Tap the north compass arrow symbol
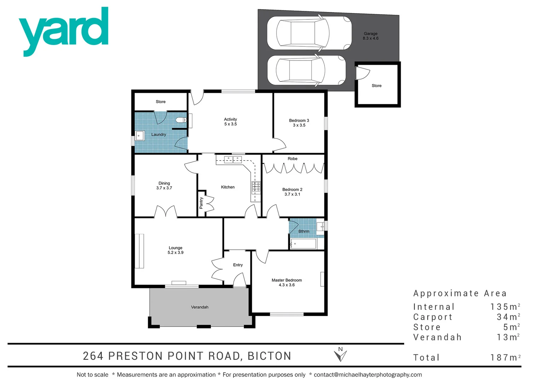pyautogui.click(x=340, y=354)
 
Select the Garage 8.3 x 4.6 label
pyautogui.click(x=370, y=36)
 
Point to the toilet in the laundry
pyautogui.click(x=181, y=120)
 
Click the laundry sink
pyautogui.click(x=140, y=135)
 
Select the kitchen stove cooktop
pyautogui.click(x=256, y=187)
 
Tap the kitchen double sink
pyautogui.click(x=233, y=160)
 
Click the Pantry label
pyautogui.click(x=201, y=203)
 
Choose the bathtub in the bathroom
pyautogui.click(x=303, y=244)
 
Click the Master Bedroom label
pyautogui.click(x=286, y=282)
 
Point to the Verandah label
pyautogui.click(x=199, y=307)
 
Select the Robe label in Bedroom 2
pyautogui.click(x=292, y=159)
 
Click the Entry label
pyautogui.click(x=238, y=265)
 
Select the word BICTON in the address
pyautogui.click(x=269, y=356)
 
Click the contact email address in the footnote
pyautogui.click(x=368, y=375)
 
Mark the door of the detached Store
pyautogui.click(x=362, y=73)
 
